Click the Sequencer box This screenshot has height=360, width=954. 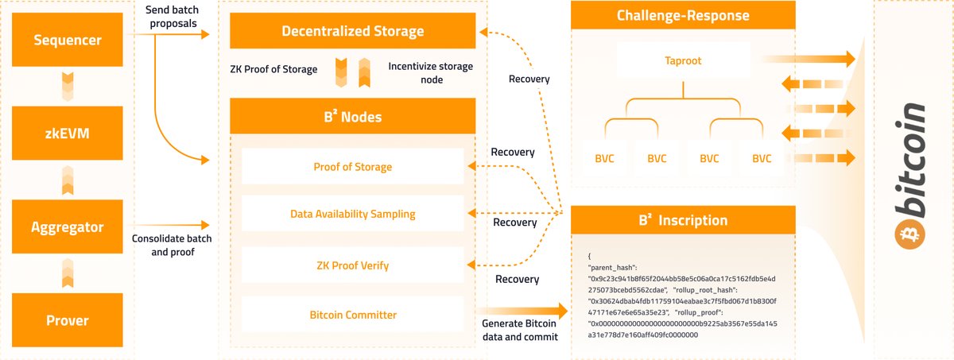coord(68,40)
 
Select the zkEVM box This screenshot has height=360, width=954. coord(68,134)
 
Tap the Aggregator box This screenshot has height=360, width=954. coord(68,227)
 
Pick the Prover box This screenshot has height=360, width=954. coord(68,320)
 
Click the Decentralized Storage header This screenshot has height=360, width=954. coord(353,32)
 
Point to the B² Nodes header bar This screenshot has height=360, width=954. coord(353,117)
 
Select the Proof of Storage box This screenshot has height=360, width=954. coord(353,167)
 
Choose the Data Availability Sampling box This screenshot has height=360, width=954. coord(353,214)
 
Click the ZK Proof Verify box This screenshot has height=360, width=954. coord(353,265)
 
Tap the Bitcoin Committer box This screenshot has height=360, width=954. coord(353,315)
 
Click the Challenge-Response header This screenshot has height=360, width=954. coord(683,16)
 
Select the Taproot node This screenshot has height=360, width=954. coord(683,60)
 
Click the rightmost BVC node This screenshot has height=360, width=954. coord(761,158)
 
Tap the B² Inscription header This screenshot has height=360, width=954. coord(683,220)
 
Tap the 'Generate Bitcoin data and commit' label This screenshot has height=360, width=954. coord(520,330)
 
